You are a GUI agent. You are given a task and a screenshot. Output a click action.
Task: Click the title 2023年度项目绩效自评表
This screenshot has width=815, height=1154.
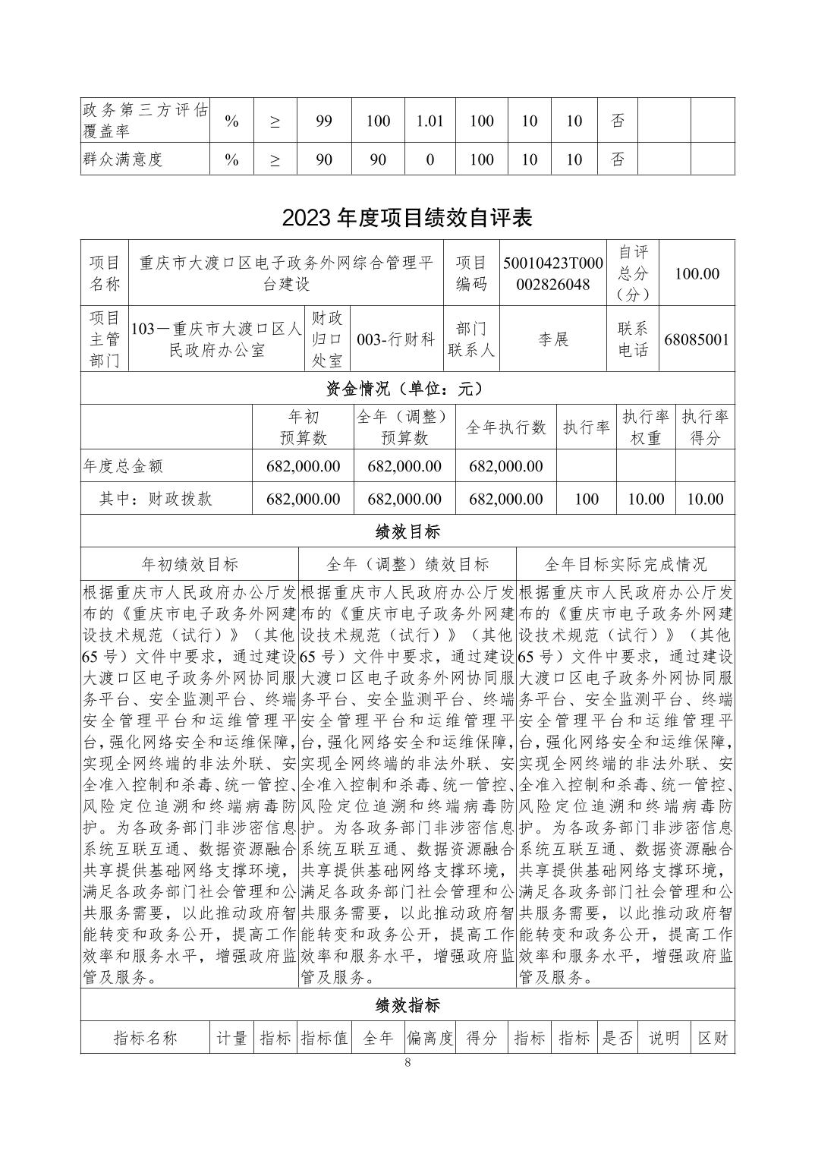pyautogui.click(x=407, y=218)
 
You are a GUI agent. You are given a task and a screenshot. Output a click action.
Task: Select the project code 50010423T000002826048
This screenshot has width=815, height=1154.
pyautogui.click(x=552, y=274)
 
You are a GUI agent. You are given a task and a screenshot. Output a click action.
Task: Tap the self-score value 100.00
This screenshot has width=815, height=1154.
pyautogui.click(x=697, y=273)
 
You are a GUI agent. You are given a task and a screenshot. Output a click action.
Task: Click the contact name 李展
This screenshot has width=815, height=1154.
pyautogui.click(x=553, y=339)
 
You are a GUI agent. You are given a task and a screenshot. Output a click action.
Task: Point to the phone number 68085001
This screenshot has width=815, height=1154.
pyautogui.click(x=696, y=339)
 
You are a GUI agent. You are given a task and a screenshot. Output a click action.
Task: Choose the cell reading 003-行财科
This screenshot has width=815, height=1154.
pyautogui.click(x=395, y=339)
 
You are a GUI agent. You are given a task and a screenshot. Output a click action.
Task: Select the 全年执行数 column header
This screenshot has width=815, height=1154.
pyautogui.click(x=505, y=427)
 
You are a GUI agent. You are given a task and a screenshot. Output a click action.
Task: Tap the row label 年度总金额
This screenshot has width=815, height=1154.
pyautogui.click(x=123, y=466)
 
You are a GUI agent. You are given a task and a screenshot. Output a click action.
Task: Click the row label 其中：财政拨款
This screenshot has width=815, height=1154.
pyautogui.click(x=156, y=499)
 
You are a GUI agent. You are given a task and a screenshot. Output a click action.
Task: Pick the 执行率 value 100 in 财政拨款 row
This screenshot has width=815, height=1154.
pyautogui.click(x=586, y=499)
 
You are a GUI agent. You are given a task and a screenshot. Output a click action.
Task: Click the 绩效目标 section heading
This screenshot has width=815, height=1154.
pyautogui.click(x=407, y=531)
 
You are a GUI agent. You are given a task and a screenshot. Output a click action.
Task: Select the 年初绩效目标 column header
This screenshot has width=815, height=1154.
pyautogui.click(x=190, y=564)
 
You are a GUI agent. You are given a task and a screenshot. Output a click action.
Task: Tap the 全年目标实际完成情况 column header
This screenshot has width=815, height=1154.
pyautogui.click(x=625, y=564)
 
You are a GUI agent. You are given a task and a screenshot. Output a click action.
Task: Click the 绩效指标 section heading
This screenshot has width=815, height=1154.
pyautogui.click(x=407, y=1006)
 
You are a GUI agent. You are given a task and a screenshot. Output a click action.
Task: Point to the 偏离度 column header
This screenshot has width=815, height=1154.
pyautogui.click(x=430, y=1038)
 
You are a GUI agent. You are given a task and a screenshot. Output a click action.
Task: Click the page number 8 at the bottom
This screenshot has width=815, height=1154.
pyautogui.click(x=407, y=1062)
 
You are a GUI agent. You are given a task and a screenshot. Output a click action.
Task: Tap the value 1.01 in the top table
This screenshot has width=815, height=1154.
pyautogui.click(x=430, y=121)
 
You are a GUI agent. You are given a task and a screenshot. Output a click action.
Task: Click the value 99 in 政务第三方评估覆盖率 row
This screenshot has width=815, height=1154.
pyautogui.click(x=324, y=121)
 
